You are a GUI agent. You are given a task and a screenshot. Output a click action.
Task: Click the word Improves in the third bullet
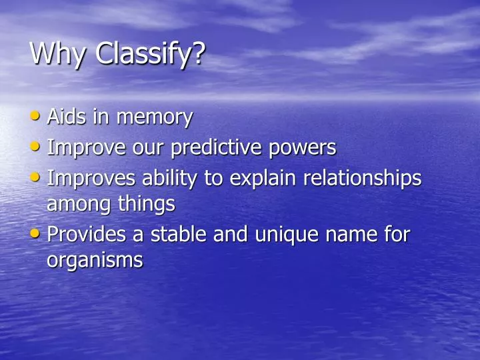click(x=91, y=179)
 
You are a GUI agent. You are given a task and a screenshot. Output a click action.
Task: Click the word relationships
click(x=363, y=179)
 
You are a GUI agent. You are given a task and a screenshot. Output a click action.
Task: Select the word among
click(x=75, y=205)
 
